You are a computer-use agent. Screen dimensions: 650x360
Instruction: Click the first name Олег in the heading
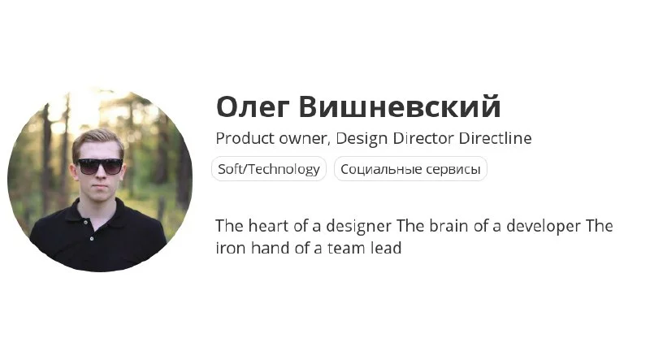pos(253,107)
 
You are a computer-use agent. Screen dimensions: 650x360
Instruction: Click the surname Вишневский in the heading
pos(400,106)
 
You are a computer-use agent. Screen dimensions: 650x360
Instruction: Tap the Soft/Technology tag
pos(269,169)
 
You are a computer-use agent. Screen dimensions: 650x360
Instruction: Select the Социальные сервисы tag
pos(410,169)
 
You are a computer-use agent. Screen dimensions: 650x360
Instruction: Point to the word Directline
pos(495,137)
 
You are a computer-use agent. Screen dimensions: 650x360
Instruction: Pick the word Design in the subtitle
pos(362,139)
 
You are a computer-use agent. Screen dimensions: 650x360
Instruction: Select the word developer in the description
pos(544,227)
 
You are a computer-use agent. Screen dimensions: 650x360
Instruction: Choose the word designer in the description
pos(358,227)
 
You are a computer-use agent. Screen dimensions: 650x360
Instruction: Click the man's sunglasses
pos(100,166)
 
